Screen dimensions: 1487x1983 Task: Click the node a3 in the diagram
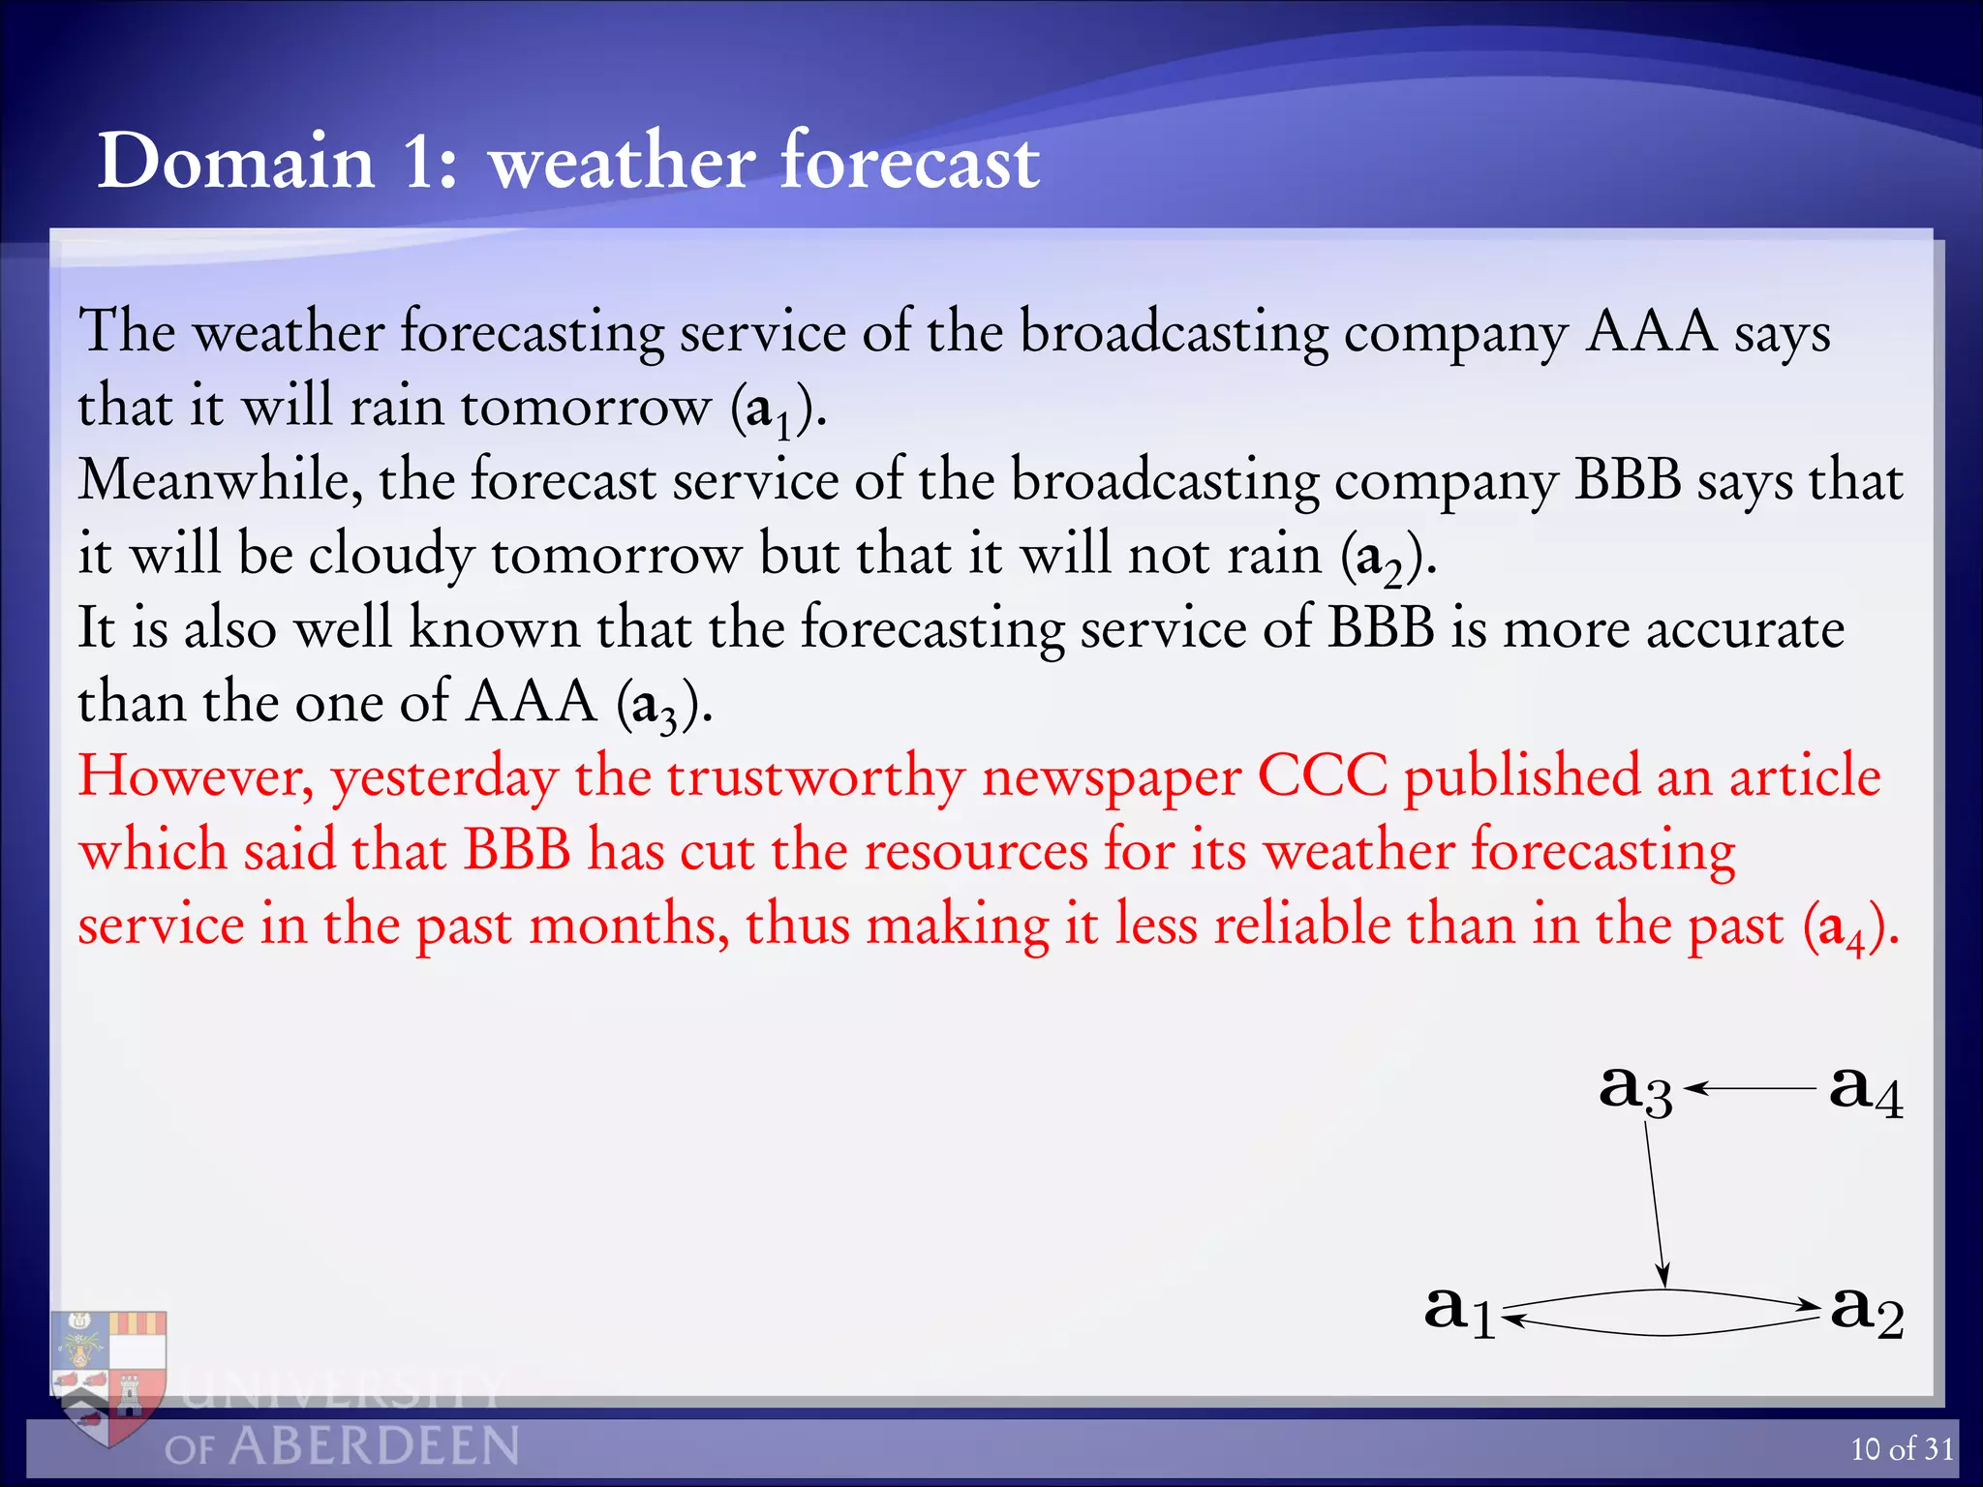pos(1634,1089)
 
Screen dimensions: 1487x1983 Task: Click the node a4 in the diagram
pos(1865,1089)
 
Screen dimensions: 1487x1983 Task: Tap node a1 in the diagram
pos(1459,1310)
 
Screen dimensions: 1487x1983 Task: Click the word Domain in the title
pos(236,161)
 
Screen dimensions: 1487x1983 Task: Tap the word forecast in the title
pos(909,161)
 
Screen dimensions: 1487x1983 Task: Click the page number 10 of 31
pos(1902,1448)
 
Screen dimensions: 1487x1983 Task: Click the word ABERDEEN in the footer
pos(374,1446)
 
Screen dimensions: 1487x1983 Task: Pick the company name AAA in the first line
pos(1650,332)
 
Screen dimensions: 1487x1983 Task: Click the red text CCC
pos(1322,775)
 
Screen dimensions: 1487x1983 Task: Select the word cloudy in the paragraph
pos(391,556)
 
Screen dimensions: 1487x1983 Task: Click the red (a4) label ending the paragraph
pos(1850,926)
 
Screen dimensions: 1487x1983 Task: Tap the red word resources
pos(976,851)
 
